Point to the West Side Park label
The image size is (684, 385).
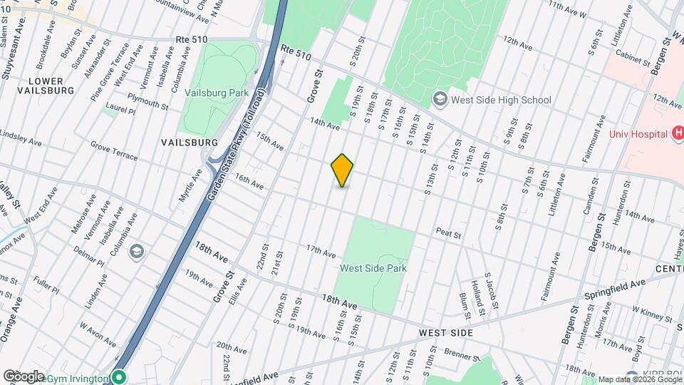(x=373, y=268)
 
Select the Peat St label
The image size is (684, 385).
(x=449, y=233)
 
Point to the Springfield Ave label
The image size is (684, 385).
(x=614, y=288)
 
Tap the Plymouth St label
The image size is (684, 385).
(x=147, y=101)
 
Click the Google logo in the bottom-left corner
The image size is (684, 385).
(x=24, y=376)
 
